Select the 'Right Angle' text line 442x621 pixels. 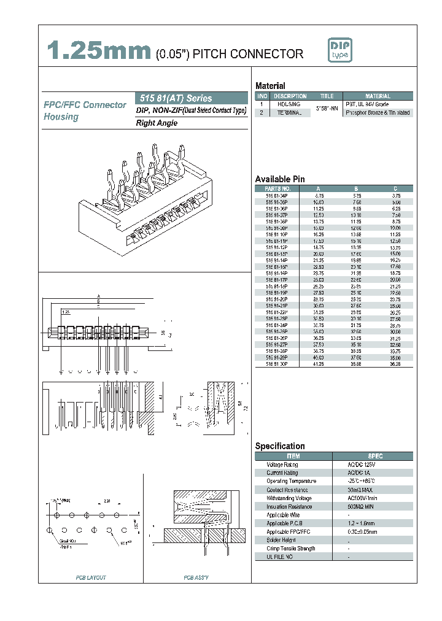pyautogui.click(x=157, y=123)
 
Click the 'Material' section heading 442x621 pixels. pyautogui.click(x=270, y=86)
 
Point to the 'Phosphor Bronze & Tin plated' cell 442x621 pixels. pyautogui.click(x=378, y=113)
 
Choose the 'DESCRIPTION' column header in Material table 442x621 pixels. pyautogui.click(x=290, y=96)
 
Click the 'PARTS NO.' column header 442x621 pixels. pyautogui.click(x=277, y=188)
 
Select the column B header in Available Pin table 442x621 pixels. pyautogui.click(x=356, y=188)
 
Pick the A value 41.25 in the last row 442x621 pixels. pyautogui.click(x=317, y=364)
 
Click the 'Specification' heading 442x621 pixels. pyautogui.click(x=280, y=446)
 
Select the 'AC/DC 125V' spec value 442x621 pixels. pyautogui.click(x=360, y=465)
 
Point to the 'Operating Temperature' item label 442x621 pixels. pyautogui.click(x=291, y=481)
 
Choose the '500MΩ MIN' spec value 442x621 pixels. pyautogui.click(x=360, y=506)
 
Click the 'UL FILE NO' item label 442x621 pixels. pyautogui.click(x=279, y=557)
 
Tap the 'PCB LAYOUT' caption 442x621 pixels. pyautogui.click(x=91, y=578)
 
